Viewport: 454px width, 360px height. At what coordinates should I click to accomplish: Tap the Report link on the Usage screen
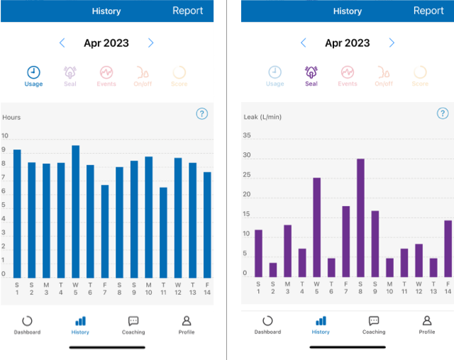pyautogui.click(x=187, y=11)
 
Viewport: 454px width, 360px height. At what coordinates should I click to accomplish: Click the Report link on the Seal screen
pyautogui.click(x=428, y=11)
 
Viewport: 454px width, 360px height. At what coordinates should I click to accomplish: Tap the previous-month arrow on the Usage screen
pyautogui.click(x=62, y=43)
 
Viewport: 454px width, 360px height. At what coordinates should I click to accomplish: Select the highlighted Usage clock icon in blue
pyautogui.click(x=33, y=72)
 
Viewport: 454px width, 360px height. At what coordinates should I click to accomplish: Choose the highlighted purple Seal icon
pyautogui.click(x=311, y=72)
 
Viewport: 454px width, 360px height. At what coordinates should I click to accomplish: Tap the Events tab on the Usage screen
pyautogui.click(x=106, y=72)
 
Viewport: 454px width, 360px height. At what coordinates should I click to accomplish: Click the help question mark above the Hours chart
pyautogui.click(x=201, y=113)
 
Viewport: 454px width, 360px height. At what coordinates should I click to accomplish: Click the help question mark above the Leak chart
pyautogui.click(x=443, y=113)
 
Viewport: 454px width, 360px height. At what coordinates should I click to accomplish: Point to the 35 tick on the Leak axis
pyautogui.click(x=247, y=135)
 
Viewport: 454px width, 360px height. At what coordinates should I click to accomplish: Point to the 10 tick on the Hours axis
pyautogui.click(x=6, y=136)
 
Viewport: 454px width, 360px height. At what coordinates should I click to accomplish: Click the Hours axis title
pyautogui.click(x=11, y=117)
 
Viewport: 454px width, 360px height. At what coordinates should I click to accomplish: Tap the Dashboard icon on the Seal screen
pyautogui.click(x=267, y=321)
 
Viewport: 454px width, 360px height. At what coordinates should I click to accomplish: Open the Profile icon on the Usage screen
pyautogui.click(x=187, y=321)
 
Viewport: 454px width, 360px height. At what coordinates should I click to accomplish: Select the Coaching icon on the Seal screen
pyautogui.click(x=374, y=321)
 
